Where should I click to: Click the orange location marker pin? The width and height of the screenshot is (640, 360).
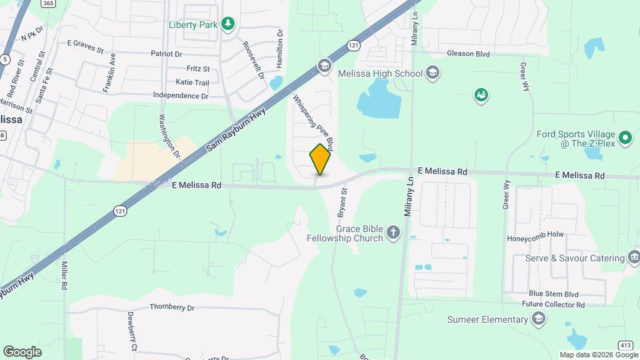pos(321,159)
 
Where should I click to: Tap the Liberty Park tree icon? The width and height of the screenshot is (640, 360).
pos(229,25)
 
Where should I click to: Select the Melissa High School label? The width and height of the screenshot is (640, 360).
pos(380,73)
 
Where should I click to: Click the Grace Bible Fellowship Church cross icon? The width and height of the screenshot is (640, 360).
pos(394,233)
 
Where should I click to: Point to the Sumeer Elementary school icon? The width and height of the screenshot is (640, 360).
pos(537,320)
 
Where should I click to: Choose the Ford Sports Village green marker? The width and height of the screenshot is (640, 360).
pos(625,138)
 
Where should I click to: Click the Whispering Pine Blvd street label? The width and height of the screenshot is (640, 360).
pos(313,121)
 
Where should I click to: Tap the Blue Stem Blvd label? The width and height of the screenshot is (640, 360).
pos(553,293)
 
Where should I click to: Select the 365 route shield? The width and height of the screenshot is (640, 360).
pos(47,3)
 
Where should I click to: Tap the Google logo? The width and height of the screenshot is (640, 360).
pos(22,351)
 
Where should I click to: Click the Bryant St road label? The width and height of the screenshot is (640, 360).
pos(343,199)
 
